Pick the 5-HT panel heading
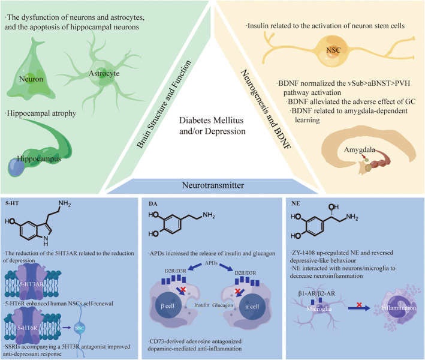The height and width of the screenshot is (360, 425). tap(11, 205)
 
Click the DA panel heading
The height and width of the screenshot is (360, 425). tap(151, 205)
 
